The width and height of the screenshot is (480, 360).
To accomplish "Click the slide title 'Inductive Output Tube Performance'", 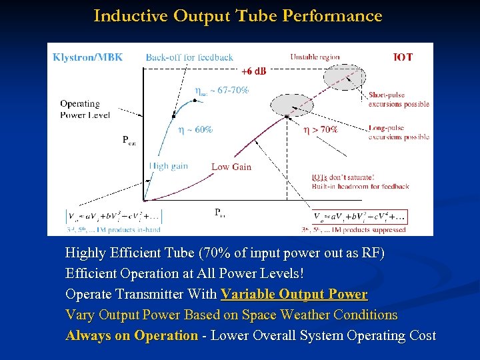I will click(x=238, y=16).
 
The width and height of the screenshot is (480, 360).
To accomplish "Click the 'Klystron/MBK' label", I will click(x=88, y=57).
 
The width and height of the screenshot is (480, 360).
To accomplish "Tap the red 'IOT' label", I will click(x=403, y=57).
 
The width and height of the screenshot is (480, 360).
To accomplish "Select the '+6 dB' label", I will click(x=253, y=71).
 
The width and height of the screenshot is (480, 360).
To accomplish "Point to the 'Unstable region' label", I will click(x=315, y=57).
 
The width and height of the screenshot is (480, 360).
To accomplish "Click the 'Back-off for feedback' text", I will click(x=189, y=57).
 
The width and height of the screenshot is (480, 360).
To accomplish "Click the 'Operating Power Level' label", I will click(x=80, y=109).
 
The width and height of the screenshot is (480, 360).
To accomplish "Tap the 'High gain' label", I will click(x=169, y=166).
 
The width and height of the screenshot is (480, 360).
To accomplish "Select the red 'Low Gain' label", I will click(x=231, y=167).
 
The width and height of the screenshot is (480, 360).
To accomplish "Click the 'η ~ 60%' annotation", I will click(x=195, y=129).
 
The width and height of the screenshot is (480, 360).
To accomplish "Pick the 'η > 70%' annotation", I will click(x=321, y=129).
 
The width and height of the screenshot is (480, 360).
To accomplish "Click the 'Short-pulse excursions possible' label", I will click(x=399, y=99).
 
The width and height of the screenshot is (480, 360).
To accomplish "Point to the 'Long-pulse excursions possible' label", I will click(x=399, y=133).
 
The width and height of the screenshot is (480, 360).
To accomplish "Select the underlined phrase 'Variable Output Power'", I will click(x=294, y=294).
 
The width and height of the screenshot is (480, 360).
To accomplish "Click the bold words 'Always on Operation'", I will click(x=132, y=335).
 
